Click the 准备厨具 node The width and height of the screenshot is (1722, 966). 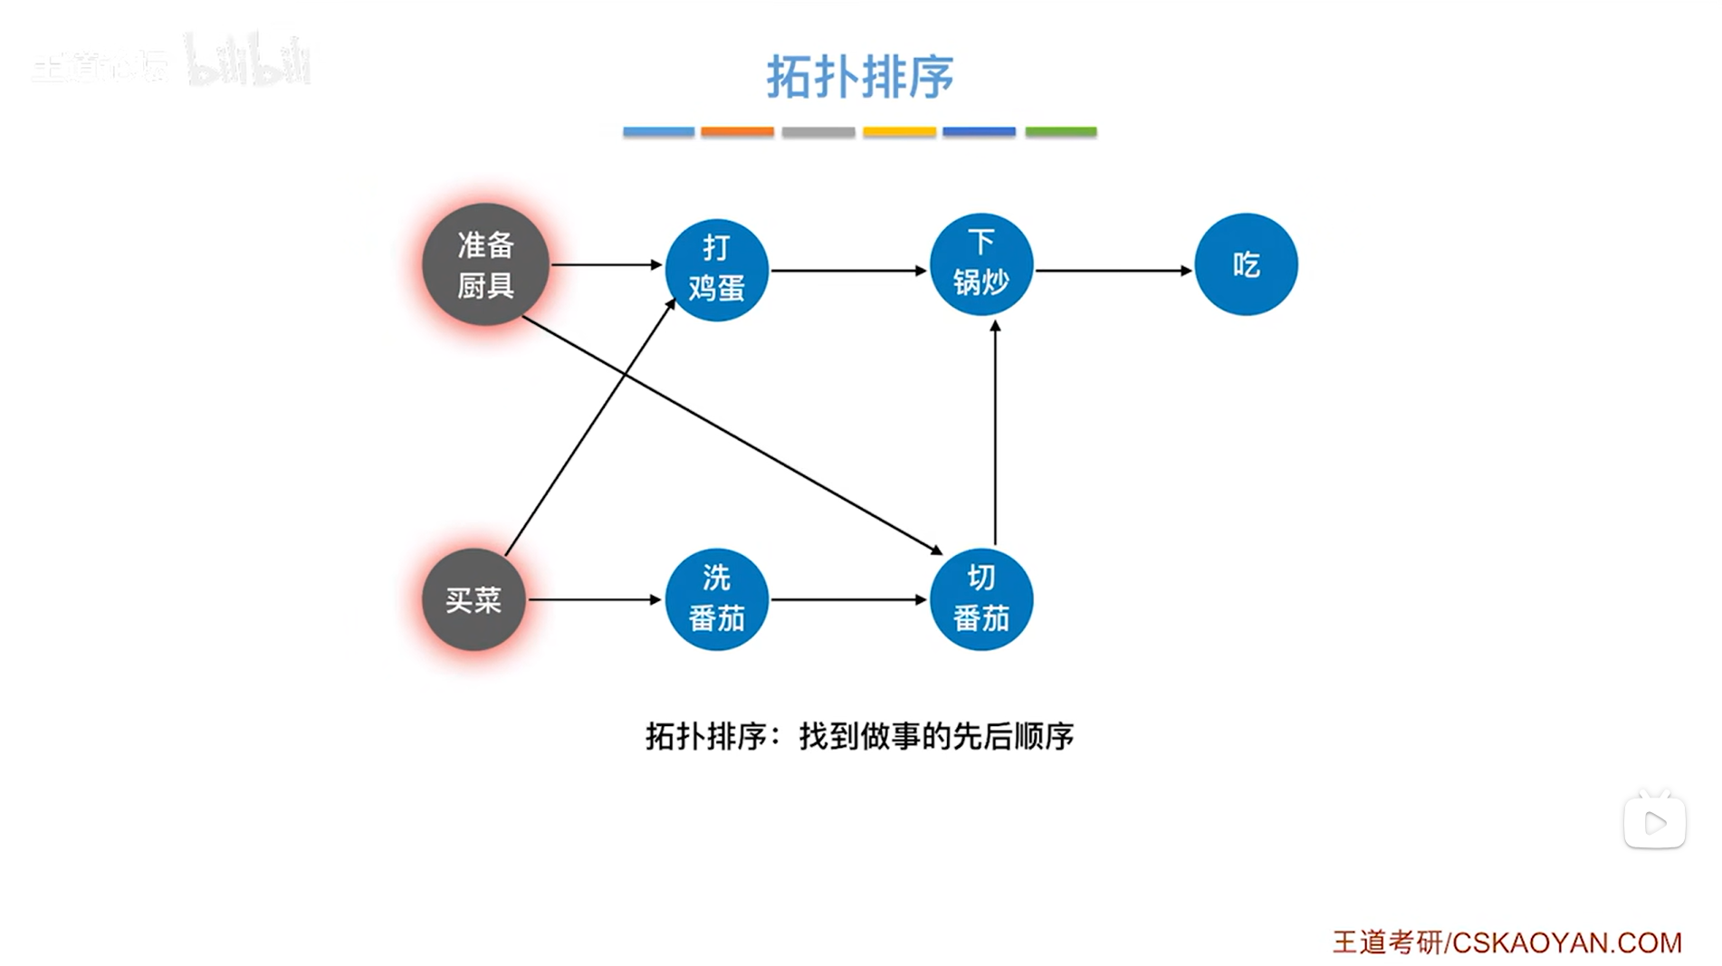point(485,264)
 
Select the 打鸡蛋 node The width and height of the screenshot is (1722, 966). point(716,269)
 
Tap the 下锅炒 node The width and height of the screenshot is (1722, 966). point(981,264)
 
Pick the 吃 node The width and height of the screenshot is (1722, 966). point(1246,264)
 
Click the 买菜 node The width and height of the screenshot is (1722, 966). point(474,599)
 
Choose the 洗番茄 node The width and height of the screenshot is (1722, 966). point(716,599)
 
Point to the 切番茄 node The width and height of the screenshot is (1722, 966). point(981,599)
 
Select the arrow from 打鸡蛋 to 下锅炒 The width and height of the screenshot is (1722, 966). point(848,270)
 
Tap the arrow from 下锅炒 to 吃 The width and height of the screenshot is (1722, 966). point(1114,270)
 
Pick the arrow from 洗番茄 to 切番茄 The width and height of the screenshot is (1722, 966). point(848,599)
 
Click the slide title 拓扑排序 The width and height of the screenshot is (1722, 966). point(859,76)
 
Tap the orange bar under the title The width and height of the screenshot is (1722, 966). point(737,132)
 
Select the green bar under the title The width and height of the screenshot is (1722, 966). point(1060,132)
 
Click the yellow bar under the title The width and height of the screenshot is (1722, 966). point(899,132)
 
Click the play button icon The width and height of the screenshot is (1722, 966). point(1654,822)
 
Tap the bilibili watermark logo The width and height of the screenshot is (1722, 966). point(248,62)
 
